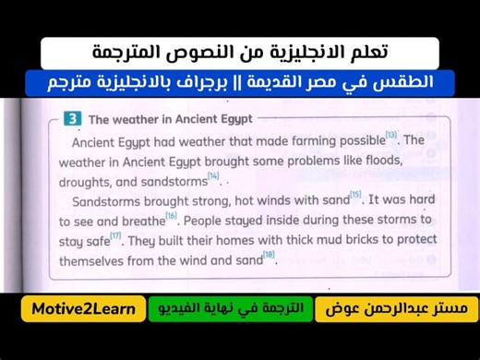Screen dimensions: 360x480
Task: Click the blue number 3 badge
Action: click(72, 119)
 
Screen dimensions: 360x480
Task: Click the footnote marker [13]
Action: click(390, 136)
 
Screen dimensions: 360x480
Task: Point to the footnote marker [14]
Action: click(213, 175)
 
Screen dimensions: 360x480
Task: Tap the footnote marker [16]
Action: click(171, 216)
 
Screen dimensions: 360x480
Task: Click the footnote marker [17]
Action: click(115, 236)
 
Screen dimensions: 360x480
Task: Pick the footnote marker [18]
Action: click(269, 256)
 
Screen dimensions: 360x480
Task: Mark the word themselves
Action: click(96, 261)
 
